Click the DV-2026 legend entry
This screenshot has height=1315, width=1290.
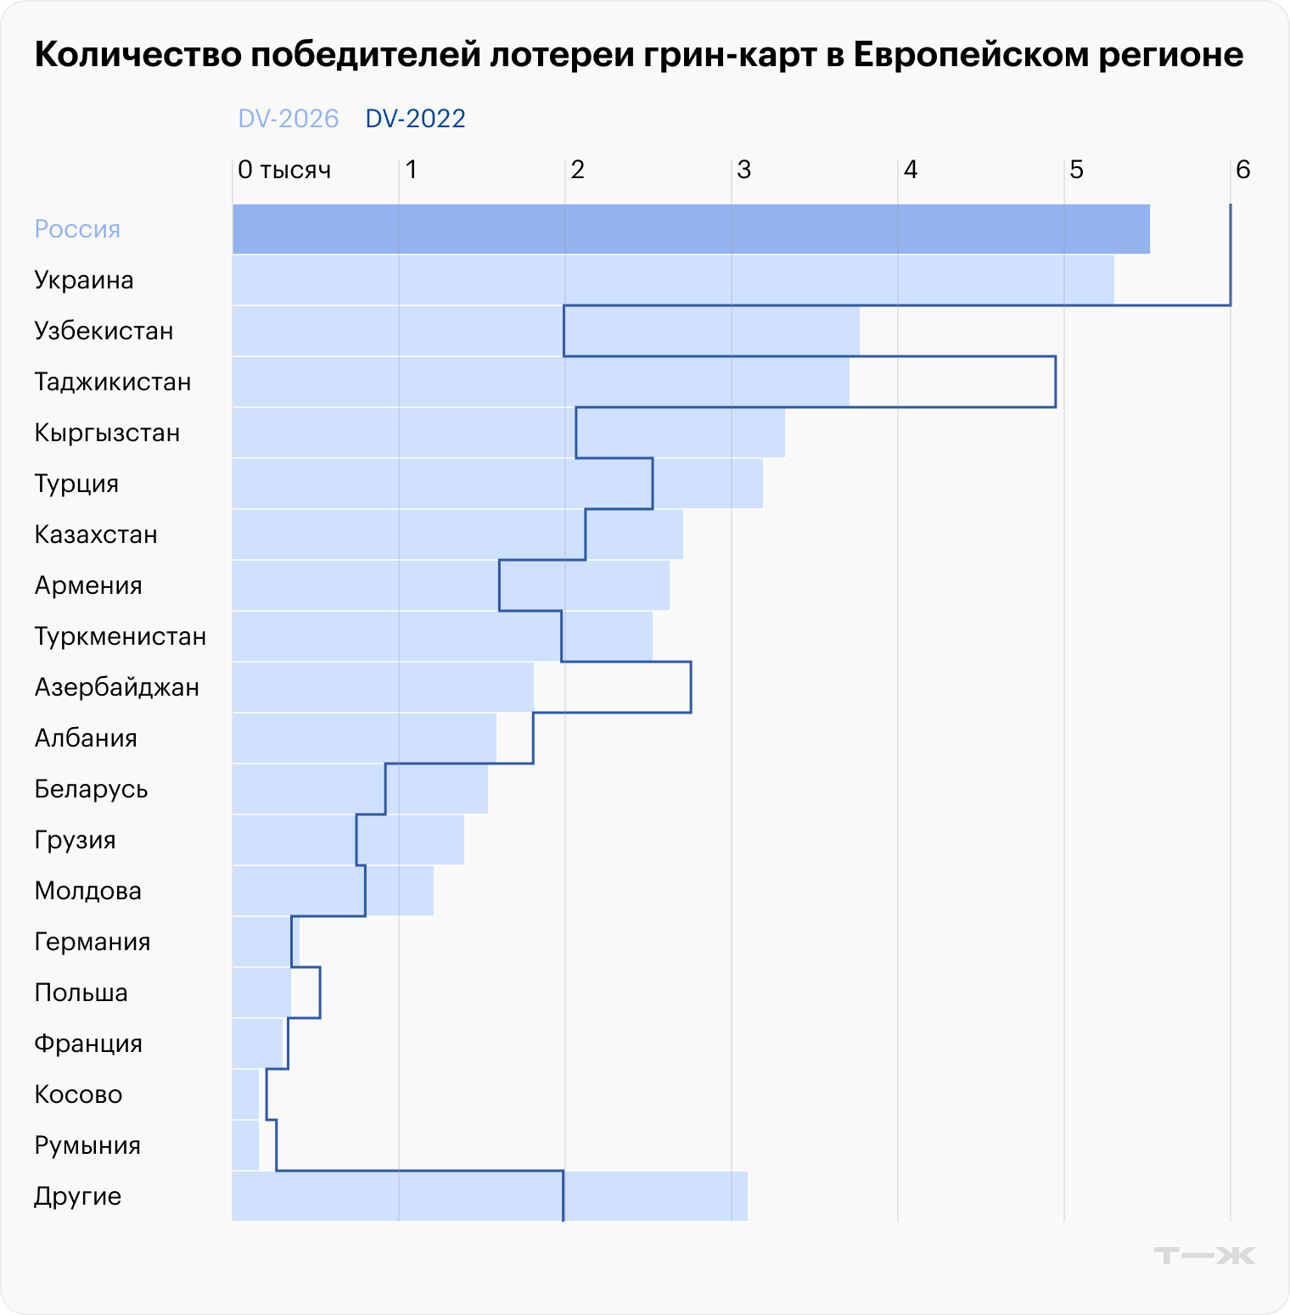click(x=288, y=119)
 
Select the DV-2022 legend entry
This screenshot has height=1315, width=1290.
click(x=415, y=119)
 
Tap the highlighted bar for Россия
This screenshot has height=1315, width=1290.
click(x=691, y=229)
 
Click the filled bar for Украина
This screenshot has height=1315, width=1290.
click(x=673, y=280)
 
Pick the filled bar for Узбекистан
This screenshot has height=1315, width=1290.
click(x=546, y=331)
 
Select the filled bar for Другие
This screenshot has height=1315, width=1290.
click(x=490, y=1196)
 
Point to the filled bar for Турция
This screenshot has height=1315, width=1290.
click(x=497, y=484)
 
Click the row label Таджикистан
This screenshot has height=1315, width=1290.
click(x=113, y=382)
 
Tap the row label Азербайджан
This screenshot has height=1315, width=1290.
click(x=117, y=687)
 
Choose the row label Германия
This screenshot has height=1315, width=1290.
click(x=93, y=942)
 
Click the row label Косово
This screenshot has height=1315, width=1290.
click(x=78, y=1094)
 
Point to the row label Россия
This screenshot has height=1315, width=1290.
click(x=77, y=229)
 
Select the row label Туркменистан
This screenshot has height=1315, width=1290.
click(x=121, y=636)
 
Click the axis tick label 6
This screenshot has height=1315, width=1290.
click(x=1242, y=170)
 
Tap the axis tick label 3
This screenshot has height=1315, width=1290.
click(x=743, y=170)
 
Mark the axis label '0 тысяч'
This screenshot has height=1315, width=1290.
click(x=283, y=170)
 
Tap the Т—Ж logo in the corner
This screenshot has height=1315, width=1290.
click(x=1204, y=1255)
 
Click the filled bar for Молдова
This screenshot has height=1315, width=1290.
click(x=333, y=891)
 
